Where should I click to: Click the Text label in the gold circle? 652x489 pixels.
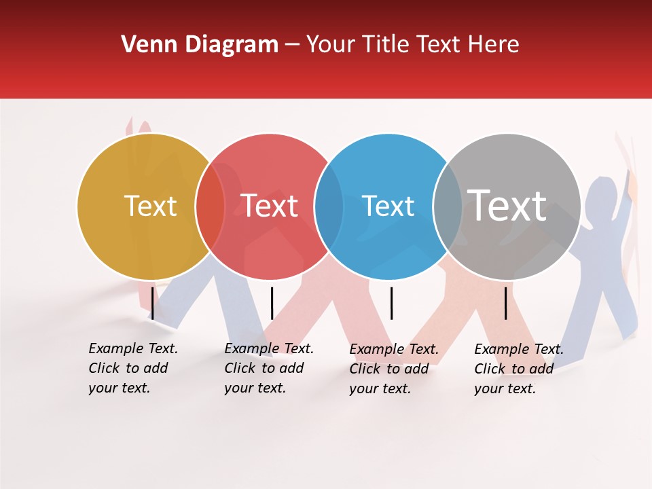point(150,206)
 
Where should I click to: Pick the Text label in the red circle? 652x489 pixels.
point(269,206)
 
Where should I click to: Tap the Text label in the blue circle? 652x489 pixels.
point(388,206)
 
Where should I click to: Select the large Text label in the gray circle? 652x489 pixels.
point(507,205)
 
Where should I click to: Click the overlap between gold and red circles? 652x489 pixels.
point(210,206)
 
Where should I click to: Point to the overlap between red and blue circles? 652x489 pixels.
point(329,206)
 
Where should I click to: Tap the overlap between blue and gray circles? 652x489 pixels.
point(448,206)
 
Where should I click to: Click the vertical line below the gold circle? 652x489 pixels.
point(153,303)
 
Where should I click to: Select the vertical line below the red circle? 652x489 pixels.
point(272,303)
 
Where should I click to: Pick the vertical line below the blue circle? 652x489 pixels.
point(391,303)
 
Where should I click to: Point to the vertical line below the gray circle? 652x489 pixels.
point(506,303)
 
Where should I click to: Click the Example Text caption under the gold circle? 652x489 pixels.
point(132,368)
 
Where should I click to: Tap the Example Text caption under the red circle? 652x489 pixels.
point(268,368)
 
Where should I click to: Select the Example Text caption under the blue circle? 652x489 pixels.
point(393,369)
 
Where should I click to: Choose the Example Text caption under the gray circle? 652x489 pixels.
point(518,369)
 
